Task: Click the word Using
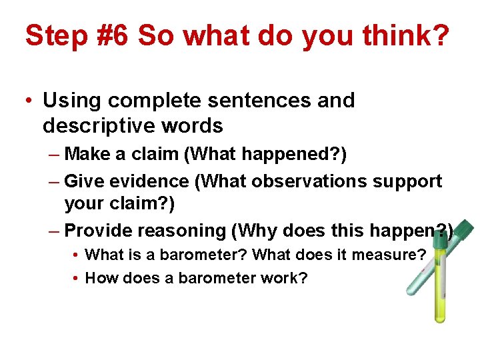(71, 101)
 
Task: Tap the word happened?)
(300, 154)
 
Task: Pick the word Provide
(99, 231)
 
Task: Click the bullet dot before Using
(29, 102)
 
